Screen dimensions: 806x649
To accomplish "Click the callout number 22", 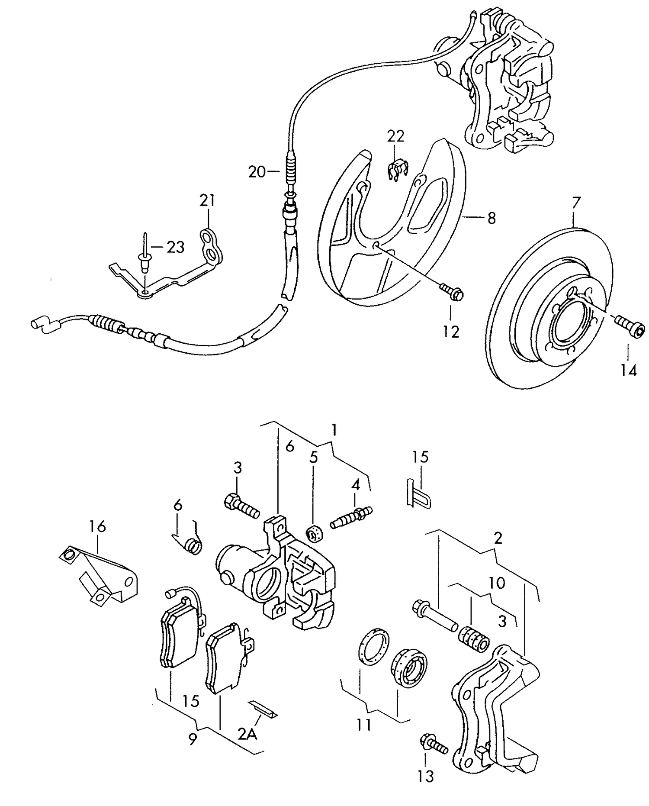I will pyautogui.click(x=395, y=136).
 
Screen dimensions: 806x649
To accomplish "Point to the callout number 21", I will pyautogui.click(x=207, y=201).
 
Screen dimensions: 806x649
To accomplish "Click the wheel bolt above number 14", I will pyautogui.click(x=630, y=326).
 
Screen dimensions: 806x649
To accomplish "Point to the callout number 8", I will pyautogui.click(x=492, y=218).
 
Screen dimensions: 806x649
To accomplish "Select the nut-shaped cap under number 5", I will pyautogui.click(x=314, y=533).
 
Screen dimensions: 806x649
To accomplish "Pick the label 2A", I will pyautogui.click(x=247, y=733).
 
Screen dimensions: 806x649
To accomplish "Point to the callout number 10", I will pyautogui.click(x=497, y=583).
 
